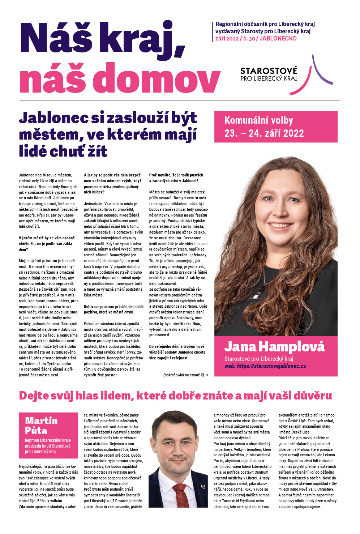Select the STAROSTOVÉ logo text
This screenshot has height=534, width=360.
(269, 71)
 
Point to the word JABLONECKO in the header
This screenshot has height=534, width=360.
(278, 39)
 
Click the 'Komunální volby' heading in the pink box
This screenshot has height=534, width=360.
(258, 120)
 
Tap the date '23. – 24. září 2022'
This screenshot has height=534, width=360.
(264, 133)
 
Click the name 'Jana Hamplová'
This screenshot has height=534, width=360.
(274, 347)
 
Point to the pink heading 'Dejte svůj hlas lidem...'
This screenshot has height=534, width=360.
(175, 396)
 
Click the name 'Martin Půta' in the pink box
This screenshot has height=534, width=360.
(41, 425)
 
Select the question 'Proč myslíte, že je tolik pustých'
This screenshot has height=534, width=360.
(176, 175)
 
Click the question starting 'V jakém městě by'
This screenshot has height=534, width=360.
(47, 238)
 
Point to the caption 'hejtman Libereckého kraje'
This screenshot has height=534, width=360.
(48, 440)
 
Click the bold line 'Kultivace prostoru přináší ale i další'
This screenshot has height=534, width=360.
(113, 307)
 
